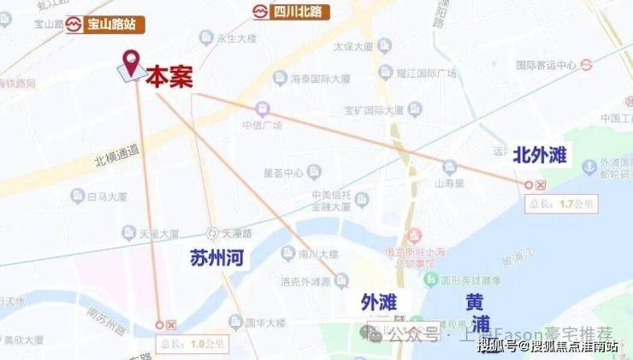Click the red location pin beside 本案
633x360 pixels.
click(x=131, y=62)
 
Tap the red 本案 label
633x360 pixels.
click(x=168, y=78)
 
